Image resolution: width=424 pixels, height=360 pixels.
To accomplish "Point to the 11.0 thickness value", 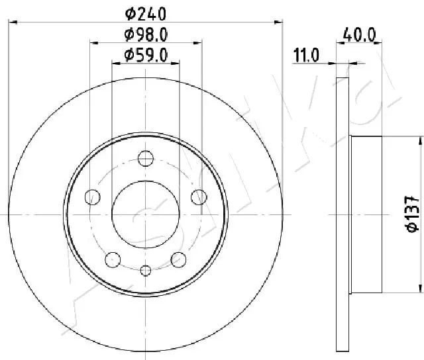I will point(307,57).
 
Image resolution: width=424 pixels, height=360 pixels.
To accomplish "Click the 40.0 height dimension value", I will point(360,34).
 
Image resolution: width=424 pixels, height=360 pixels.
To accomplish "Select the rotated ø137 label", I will point(411,214).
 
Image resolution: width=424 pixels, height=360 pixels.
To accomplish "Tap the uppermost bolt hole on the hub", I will point(146,159).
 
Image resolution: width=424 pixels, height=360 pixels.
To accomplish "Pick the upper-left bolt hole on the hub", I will point(93,197).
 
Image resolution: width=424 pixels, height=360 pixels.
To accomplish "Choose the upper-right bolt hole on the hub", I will point(197,197).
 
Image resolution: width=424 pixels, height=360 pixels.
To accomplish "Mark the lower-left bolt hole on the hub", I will point(113,258).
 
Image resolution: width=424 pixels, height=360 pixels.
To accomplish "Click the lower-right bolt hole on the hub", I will point(178,258).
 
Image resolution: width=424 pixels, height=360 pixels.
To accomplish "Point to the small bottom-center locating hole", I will point(146,269).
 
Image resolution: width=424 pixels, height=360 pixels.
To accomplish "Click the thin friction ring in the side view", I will point(342,214).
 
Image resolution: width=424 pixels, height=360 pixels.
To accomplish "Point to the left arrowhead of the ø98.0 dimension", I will point(93,42).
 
